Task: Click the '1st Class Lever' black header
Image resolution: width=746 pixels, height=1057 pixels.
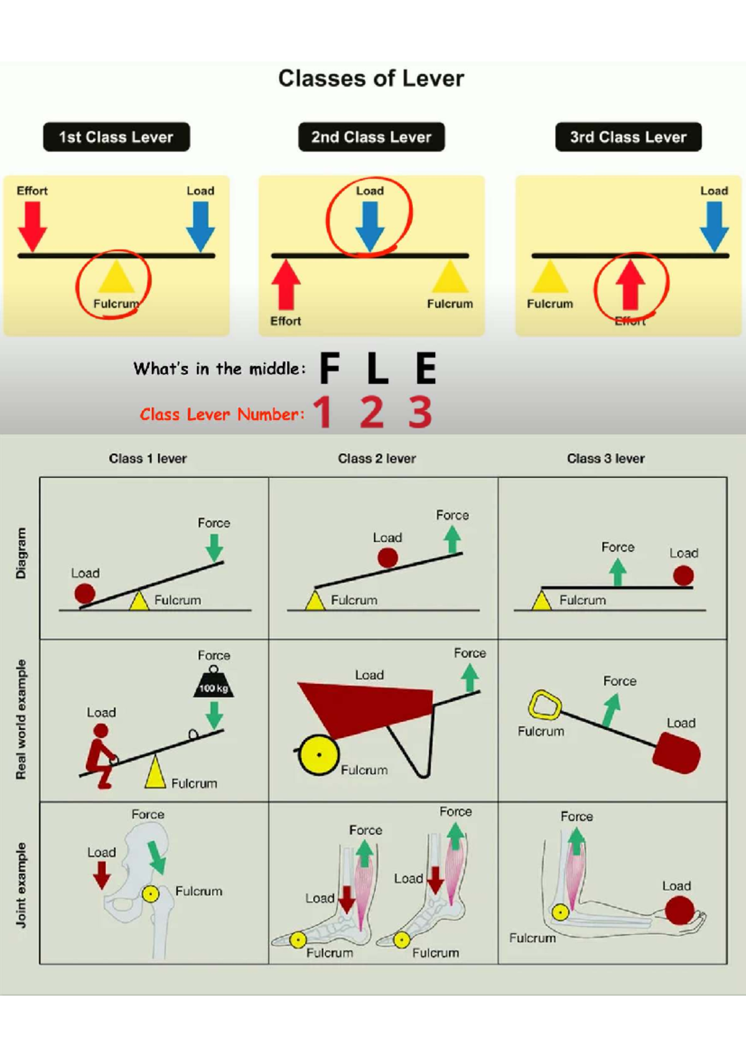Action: pos(116,137)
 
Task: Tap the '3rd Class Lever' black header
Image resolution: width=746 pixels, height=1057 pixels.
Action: pos(628,137)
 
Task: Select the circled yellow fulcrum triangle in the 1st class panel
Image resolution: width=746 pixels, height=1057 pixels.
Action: pos(116,277)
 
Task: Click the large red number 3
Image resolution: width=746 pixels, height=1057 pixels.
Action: pos(420,412)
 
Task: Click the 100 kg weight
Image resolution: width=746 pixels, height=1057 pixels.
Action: pos(213,682)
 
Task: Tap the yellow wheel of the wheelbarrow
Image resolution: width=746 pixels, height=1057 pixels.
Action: pos(319,755)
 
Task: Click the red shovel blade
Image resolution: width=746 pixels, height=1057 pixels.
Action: pos(676,753)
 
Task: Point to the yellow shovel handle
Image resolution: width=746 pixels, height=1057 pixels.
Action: pos(545,705)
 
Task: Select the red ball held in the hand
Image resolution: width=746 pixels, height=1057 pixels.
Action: pos(679,910)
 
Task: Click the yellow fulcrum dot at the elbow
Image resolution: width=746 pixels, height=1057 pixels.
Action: pos(560,912)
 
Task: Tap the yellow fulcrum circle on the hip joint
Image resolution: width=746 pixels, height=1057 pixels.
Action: pos(150,893)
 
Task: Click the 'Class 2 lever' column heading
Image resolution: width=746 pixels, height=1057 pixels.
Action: pos(377,458)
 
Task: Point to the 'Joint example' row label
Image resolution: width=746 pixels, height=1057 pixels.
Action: pos(21,885)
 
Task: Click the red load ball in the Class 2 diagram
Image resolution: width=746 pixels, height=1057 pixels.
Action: pos(388,558)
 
